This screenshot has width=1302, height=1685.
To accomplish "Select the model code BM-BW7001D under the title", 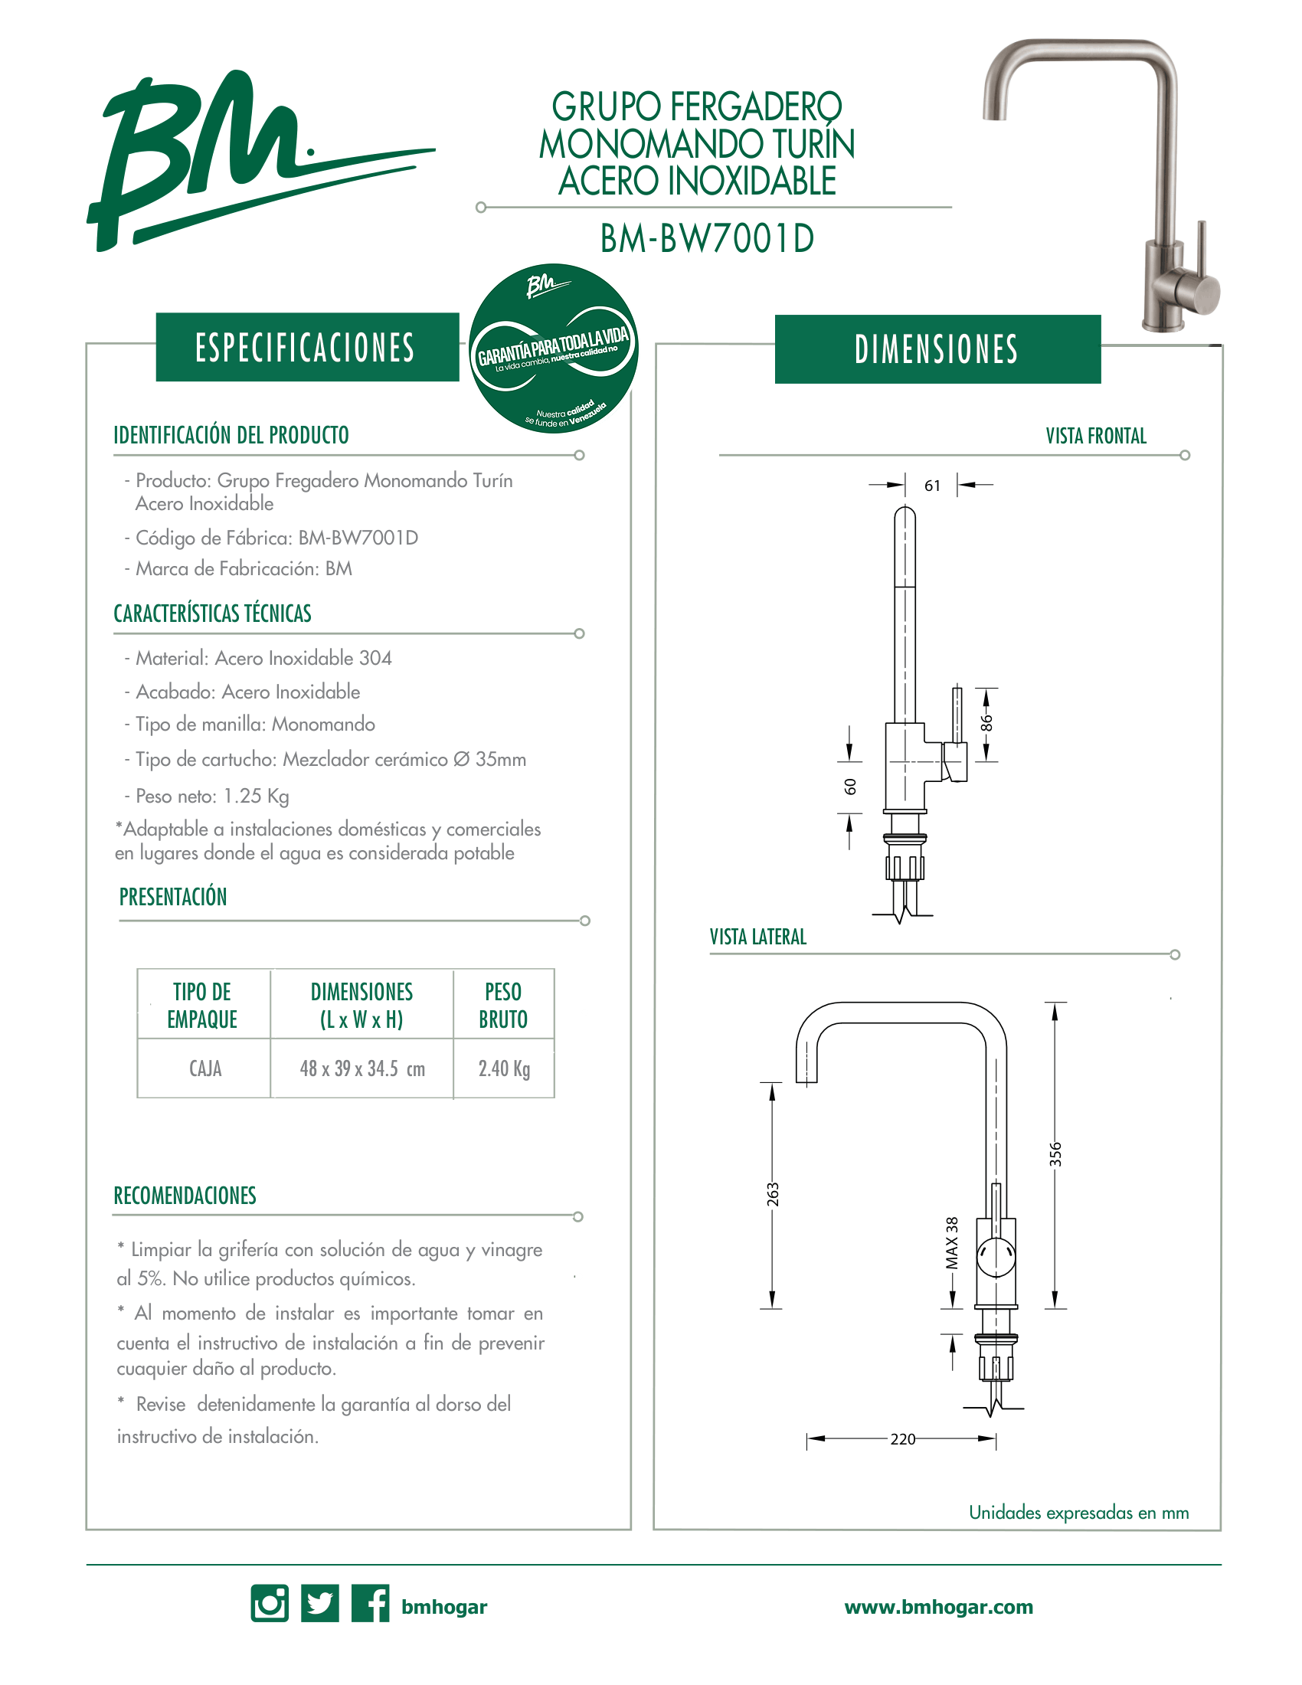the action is [x=708, y=238].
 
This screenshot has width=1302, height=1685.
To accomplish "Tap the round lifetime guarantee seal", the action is [x=553, y=348].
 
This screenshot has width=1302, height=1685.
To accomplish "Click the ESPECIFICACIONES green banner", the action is [x=307, y=347].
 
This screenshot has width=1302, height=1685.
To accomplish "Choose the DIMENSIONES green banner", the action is [x=937, y=349].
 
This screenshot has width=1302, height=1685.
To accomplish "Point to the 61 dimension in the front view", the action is [x=933, y=486].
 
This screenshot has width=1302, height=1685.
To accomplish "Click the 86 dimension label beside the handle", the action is [x=986, y=724].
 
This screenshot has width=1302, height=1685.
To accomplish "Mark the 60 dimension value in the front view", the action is [x=850, y=786].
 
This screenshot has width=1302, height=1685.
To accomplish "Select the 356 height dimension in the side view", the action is [x=1055, y=1153].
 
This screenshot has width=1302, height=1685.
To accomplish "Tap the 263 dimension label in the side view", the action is [x=773, y=1194].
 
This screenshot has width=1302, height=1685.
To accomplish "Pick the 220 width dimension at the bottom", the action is [x=902, y=1439].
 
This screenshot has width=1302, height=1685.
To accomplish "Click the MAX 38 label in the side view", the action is [x=952, y=1243].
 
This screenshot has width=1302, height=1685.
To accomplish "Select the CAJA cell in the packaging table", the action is [x=205, y=1068].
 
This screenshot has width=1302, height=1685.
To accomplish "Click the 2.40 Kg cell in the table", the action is [x=504, y=1068].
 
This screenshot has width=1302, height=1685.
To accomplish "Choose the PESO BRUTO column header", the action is [x=503, y=1006].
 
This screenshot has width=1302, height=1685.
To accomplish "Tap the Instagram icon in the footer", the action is [x=270, y=1603].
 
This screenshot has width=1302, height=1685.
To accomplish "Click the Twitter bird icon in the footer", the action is [x=320, y=1603].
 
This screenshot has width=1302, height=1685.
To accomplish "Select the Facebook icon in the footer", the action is [x=370, y=1603].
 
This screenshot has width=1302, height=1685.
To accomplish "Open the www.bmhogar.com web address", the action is [x=939, y=1607].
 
